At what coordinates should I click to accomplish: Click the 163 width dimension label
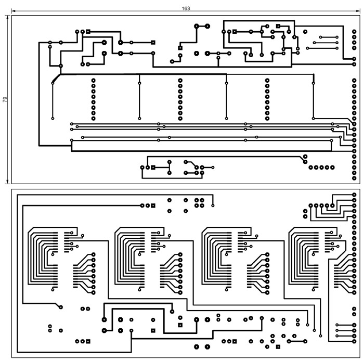186,8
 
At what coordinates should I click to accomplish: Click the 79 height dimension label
5,99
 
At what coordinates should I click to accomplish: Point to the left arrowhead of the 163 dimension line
14,11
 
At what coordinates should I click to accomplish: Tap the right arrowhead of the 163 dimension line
358,11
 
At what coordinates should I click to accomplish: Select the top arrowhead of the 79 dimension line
8,18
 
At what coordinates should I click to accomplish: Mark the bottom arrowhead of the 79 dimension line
8,182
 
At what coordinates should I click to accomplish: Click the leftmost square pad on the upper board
88,31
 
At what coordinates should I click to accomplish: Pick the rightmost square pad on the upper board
278,26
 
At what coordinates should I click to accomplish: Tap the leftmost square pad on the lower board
88,341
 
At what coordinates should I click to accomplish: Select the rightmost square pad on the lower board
278,347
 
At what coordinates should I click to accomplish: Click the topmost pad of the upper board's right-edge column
354,31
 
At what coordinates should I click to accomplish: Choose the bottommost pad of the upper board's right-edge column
354,178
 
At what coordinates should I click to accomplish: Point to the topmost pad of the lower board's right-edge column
354,195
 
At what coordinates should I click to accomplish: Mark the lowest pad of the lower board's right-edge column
354,341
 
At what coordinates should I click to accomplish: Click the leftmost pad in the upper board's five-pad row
310,167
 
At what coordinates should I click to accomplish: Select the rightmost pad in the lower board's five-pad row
332,205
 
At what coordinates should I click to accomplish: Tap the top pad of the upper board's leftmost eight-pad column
93,80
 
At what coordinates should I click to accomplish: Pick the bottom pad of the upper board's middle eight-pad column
180,119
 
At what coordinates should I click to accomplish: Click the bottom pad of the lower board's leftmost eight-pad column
93,293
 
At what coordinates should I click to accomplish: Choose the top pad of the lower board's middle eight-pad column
180,254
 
